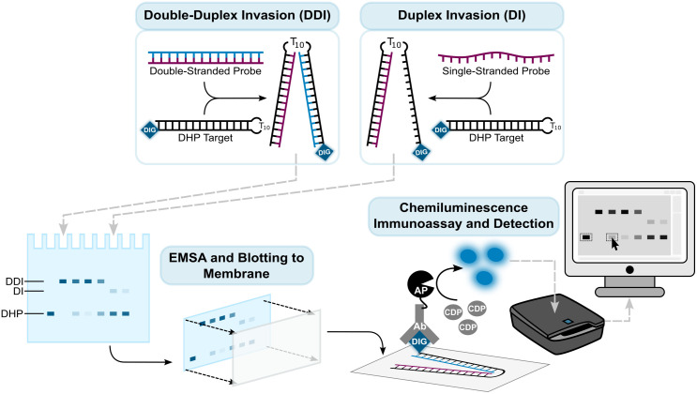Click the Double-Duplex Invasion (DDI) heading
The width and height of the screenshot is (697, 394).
[x=237, y=15]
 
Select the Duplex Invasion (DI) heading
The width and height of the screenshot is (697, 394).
[x=462, y=15]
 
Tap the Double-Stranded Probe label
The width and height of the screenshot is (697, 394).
[x=205, y=71]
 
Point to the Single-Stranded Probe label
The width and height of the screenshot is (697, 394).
[x=495, y=71]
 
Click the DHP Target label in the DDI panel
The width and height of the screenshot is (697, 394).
[x=205, y=138]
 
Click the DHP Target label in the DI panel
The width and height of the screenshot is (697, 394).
[x=496, y=138]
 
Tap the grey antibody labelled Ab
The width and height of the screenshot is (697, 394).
[x=419, y=324]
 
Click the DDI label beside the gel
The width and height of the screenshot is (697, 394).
[x=14, y=281]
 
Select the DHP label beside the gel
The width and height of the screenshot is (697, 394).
[x=11, y=313]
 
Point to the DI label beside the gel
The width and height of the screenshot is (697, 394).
[x=18, y=292]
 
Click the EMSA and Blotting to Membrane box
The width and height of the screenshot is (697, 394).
[x=236, y=265]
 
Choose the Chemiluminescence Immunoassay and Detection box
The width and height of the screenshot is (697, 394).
[x=463, y=216]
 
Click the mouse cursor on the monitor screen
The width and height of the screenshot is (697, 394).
[x=614, y=244]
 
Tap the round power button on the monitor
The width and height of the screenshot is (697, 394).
[x=629, y=270]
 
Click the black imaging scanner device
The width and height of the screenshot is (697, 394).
[x=557, y=324]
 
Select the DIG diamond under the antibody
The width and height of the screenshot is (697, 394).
[x=419, y=342]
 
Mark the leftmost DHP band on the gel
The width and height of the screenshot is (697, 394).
[x=51, y=314]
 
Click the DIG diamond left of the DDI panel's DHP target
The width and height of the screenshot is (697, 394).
[x=150, y=129]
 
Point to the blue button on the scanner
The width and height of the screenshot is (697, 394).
[x=568, y=321]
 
